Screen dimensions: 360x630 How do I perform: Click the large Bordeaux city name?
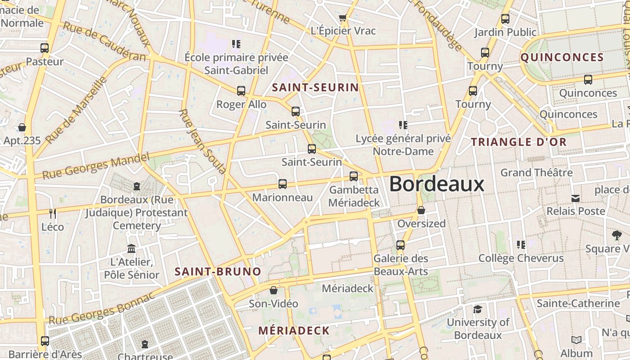click(436, 184)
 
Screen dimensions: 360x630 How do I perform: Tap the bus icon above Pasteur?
click(45, 48)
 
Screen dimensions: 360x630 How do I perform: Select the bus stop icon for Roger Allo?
click(241, 91)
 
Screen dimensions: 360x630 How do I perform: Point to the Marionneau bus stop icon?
click(283, 184)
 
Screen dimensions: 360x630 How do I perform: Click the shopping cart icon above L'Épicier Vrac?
click(342, 18)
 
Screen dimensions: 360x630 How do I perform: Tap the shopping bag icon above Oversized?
click(421, 210)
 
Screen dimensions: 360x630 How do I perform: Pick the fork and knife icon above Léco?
click(53, 213)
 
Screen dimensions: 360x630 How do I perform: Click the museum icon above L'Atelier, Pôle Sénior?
click(131, 248)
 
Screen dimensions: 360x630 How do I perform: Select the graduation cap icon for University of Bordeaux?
click(477, 309)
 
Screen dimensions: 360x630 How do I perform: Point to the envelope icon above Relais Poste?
click(576, 198)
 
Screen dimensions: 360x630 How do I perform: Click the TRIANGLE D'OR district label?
click(518, 142)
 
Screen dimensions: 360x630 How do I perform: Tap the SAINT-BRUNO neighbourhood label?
click(218, 272)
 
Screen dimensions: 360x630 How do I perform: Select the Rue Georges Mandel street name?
click(95, 166)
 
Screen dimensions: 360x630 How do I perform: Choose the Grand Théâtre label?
click(536, 172)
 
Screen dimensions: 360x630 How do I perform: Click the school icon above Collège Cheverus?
click(521, 245)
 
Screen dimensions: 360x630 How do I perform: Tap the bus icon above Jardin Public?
click(505, 19)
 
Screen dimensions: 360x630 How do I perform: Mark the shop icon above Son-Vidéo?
click(273, 290)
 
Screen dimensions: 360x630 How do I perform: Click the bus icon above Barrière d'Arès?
click(45, 341)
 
